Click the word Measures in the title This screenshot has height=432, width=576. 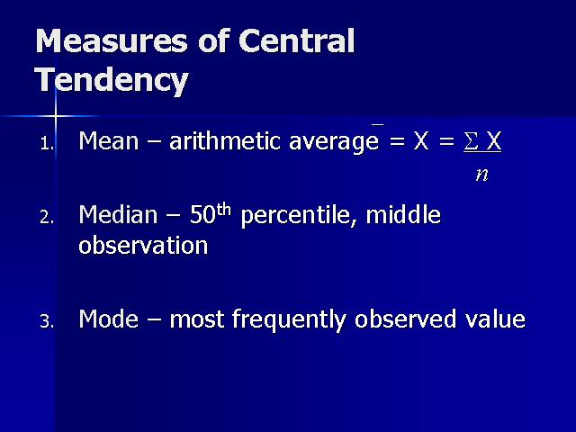pos(112,40)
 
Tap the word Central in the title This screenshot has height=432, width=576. pos(297,40)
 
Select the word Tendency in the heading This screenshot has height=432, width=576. pos(112,80)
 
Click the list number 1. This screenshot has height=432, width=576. pos(47,144)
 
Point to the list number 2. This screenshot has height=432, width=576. pos(47,218)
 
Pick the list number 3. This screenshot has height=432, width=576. pos(47,321)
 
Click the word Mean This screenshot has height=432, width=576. pos(109,140)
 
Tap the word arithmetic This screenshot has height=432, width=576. pos(226,140)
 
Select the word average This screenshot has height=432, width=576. pos(334,143)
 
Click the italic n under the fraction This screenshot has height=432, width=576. pos(482,175)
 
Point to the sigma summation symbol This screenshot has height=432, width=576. pos(471,141)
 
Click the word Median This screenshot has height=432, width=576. pos(118,214)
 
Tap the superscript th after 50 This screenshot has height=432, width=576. pos(224,210)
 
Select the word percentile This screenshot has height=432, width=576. pos(299,216)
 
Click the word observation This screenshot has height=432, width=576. pos(143,245)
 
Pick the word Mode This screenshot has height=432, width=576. pos(109,319)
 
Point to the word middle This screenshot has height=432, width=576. pos(403,214)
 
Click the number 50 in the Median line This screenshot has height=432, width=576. pos(202,215)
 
